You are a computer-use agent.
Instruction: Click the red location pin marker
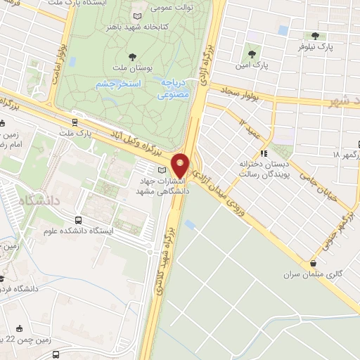pyautogui.click(x=181, y=165)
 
